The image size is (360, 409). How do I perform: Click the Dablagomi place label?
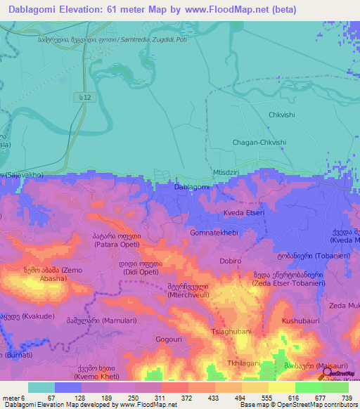tap(191, 187)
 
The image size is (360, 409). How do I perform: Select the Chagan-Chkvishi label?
tap(259, 142)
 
